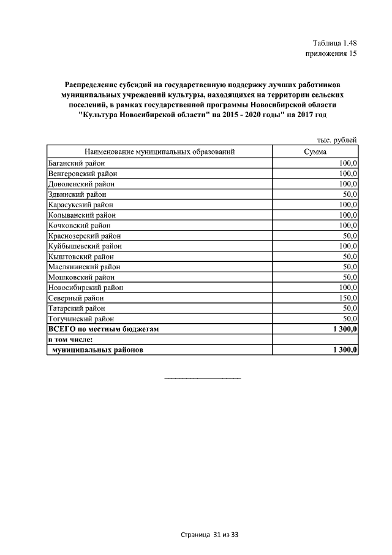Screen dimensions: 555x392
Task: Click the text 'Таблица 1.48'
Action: [x=334, y=43]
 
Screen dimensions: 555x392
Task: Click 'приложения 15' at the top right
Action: [x=331, y=54]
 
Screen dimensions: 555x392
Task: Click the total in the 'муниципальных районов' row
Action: [x=345, y=350]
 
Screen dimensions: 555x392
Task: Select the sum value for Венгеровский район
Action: [x=347, y=173]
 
